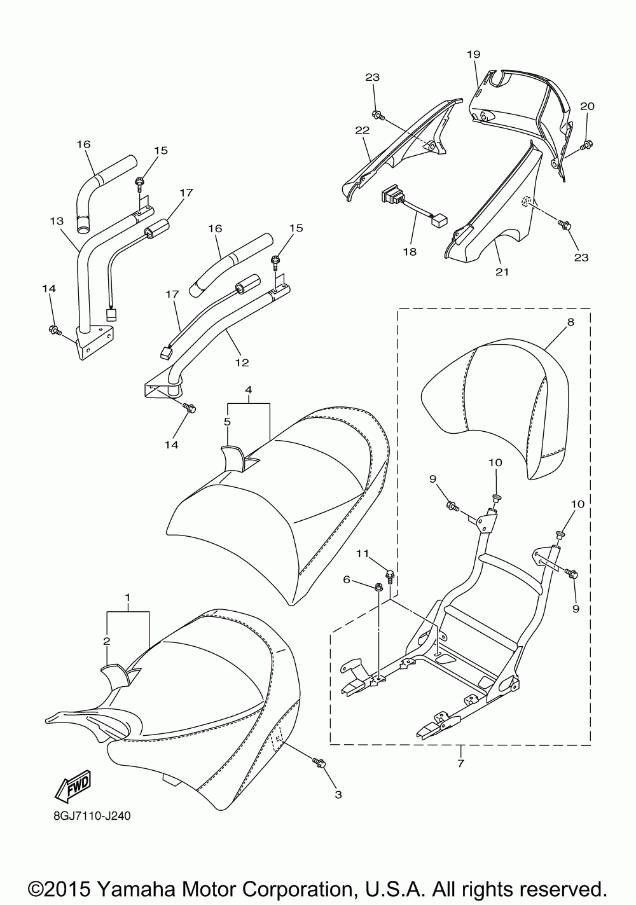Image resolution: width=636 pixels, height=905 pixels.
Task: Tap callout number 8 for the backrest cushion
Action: coord(570,322)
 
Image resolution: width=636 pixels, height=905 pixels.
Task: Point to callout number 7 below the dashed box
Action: coord(460,762)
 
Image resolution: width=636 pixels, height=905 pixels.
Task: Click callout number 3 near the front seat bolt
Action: coord(338,794)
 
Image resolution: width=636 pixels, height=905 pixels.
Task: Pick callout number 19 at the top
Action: coord(474,54)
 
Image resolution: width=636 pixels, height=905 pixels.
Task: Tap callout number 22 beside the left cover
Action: coord(363,130)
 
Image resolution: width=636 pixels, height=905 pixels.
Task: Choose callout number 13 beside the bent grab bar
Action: coord(57,221)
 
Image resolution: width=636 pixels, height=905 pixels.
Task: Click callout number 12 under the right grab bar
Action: coord(242,363)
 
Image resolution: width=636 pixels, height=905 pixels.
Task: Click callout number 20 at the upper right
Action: coord(587,106)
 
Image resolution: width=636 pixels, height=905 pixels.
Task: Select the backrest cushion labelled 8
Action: coord(490,407)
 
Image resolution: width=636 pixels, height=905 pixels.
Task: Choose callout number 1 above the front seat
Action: coord(128,598)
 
